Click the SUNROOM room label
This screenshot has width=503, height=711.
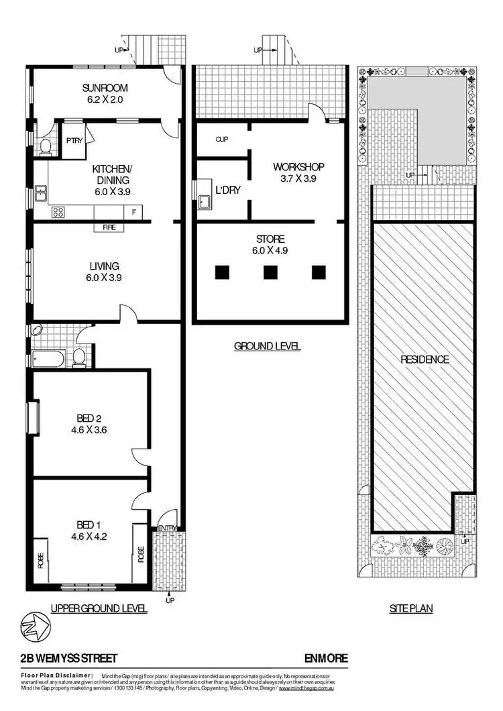tap(105, 88)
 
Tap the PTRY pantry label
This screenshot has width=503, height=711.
tap(73, 141)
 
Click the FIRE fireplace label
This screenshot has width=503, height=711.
tap(109, 227)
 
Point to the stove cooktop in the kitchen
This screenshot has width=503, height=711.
tap(58, 213)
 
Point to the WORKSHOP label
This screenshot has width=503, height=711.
tap(298, 166)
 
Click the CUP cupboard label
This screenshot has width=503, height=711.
tap(222, 140)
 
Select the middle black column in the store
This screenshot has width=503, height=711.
tap(270, 272)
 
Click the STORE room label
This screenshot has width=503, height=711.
tap(270, 239)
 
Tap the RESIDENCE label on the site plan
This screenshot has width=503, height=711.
tap(425, 360)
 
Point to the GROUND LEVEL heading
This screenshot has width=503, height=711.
tap(267, 346)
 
